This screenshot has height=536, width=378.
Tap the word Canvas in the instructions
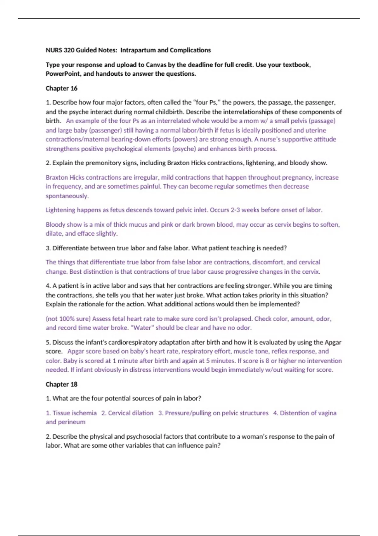(156, 65)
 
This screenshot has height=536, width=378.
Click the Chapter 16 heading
(61, 88)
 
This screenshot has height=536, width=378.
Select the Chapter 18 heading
(61, 384)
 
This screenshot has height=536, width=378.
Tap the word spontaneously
(67, 196)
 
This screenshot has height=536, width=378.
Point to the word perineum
(72, 422)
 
